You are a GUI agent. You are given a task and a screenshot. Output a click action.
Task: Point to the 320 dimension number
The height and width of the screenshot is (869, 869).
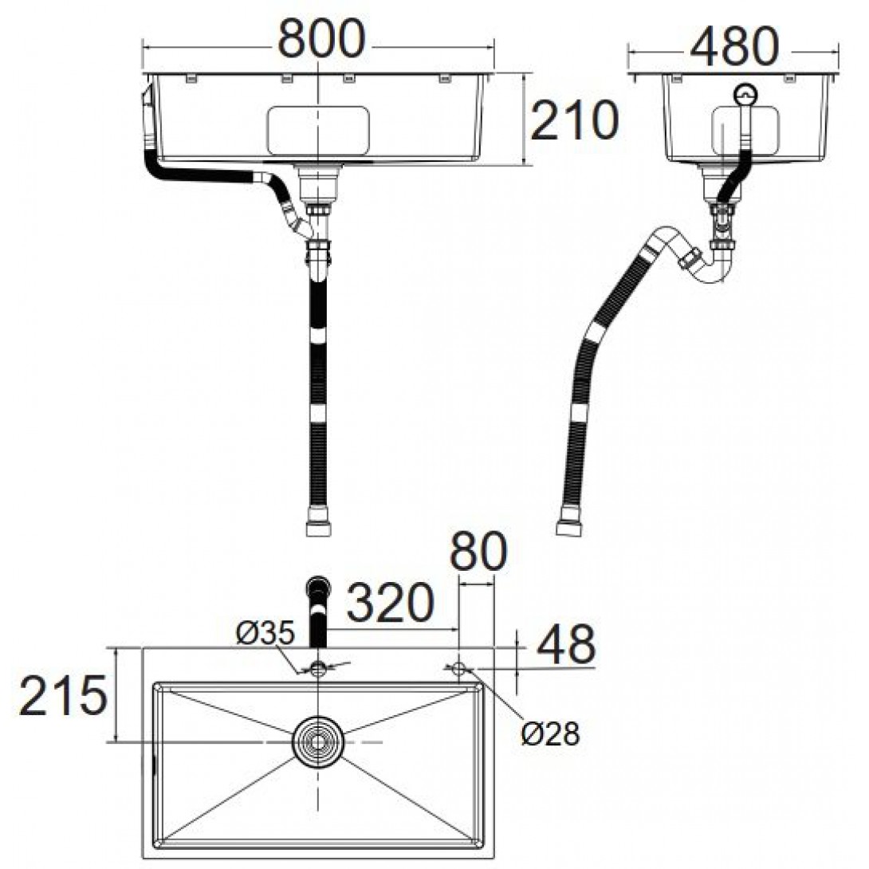(390, 602)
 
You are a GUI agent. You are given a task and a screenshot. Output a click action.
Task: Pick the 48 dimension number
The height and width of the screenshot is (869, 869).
(566, 644)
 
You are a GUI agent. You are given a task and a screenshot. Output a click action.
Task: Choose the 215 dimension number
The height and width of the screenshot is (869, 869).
(63, 695)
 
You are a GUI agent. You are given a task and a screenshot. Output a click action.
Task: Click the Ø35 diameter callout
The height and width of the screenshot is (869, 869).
(265, 635)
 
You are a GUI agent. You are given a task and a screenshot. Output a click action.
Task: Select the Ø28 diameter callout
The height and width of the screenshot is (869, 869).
(551, 735)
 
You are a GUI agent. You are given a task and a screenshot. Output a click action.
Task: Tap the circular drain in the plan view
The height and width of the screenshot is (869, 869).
(318, 741)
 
